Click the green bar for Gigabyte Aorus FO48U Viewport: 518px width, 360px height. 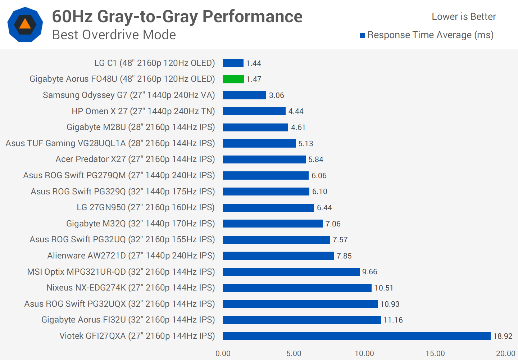(x=233, y=79)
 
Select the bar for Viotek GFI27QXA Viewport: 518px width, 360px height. (x=356, y=336)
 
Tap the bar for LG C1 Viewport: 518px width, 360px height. (x=233, y=63)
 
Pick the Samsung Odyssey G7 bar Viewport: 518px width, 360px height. (x=244, y=95)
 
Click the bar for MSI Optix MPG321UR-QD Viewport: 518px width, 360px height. (x=291, y=272)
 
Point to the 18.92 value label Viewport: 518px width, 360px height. (x=503, y=336)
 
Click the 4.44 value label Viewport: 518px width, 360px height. (x=296, y=111)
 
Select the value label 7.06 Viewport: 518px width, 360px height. (x=333, y=224)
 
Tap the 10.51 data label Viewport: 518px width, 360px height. (x=384, y=288)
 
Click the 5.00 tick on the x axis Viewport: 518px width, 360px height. (x=294, y=354)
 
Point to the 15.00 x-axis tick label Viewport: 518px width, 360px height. (x=435, y=354)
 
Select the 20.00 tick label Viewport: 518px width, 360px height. (x=505, y=354)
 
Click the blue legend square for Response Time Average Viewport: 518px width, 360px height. (x=362, y=35)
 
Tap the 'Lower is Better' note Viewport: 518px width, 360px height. (x=464, y=17)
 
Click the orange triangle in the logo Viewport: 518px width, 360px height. (x=25, y=24)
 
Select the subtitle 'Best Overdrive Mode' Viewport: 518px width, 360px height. (x=114, y=35)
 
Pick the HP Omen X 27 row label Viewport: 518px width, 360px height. (x=143, y=111)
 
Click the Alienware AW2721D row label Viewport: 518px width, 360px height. (x=131, y=256)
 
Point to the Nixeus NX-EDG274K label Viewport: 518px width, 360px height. (x=131, y=288)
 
